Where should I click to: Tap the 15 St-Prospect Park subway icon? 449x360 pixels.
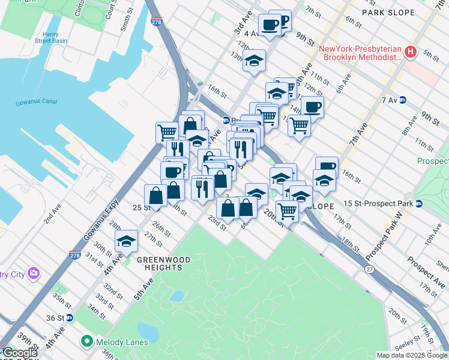tap(419, 203)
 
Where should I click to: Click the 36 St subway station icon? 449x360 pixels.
tap(70, 318)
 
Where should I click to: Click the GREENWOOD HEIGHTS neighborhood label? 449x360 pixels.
tap(163, 260)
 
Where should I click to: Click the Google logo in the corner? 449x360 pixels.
tap(20, 353)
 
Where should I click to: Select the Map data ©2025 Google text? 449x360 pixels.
tap(412, 355)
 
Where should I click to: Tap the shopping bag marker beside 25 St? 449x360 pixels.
tap(155, 195)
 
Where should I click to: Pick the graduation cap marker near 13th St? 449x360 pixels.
tap(254, 61)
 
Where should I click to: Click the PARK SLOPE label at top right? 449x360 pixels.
tap(388, 12)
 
